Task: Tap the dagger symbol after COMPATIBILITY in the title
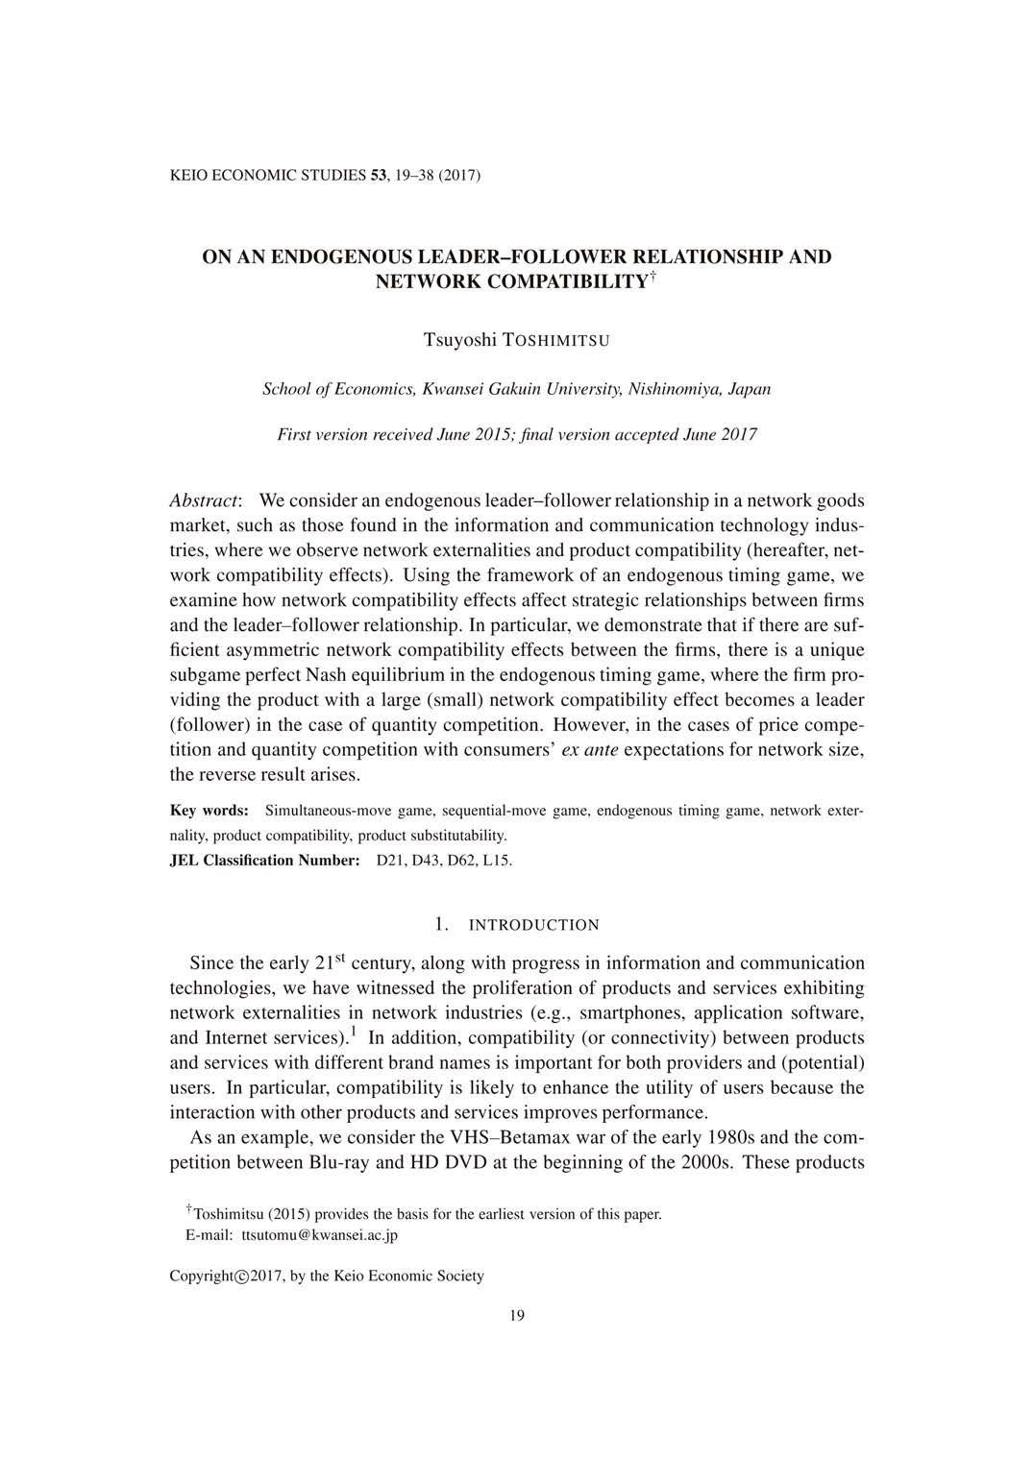coord(652,278)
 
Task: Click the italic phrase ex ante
coord(589,749)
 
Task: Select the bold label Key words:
coord(209,811)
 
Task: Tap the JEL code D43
coord(430,861)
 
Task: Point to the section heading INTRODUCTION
coord(533,925)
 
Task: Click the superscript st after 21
coord(340,958)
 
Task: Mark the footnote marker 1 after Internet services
coord(354,1033)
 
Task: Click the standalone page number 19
coord(517,1316)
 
